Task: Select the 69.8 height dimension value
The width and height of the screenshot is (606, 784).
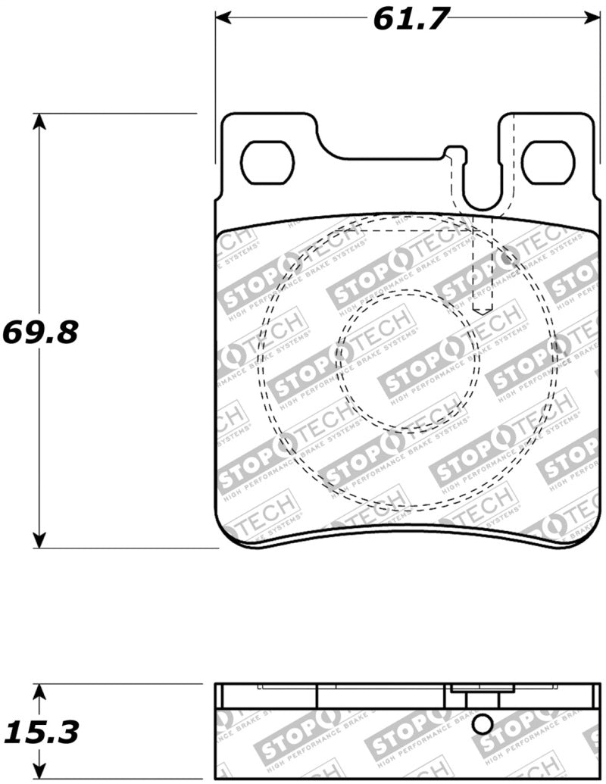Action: click(39, 331)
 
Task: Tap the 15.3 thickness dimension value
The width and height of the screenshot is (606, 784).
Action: click(42, 732)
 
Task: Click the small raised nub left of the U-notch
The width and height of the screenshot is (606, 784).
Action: click(452, 155)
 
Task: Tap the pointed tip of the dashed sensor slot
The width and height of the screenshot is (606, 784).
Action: click(483, 311)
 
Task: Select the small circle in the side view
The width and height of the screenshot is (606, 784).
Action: click(482, 725)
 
